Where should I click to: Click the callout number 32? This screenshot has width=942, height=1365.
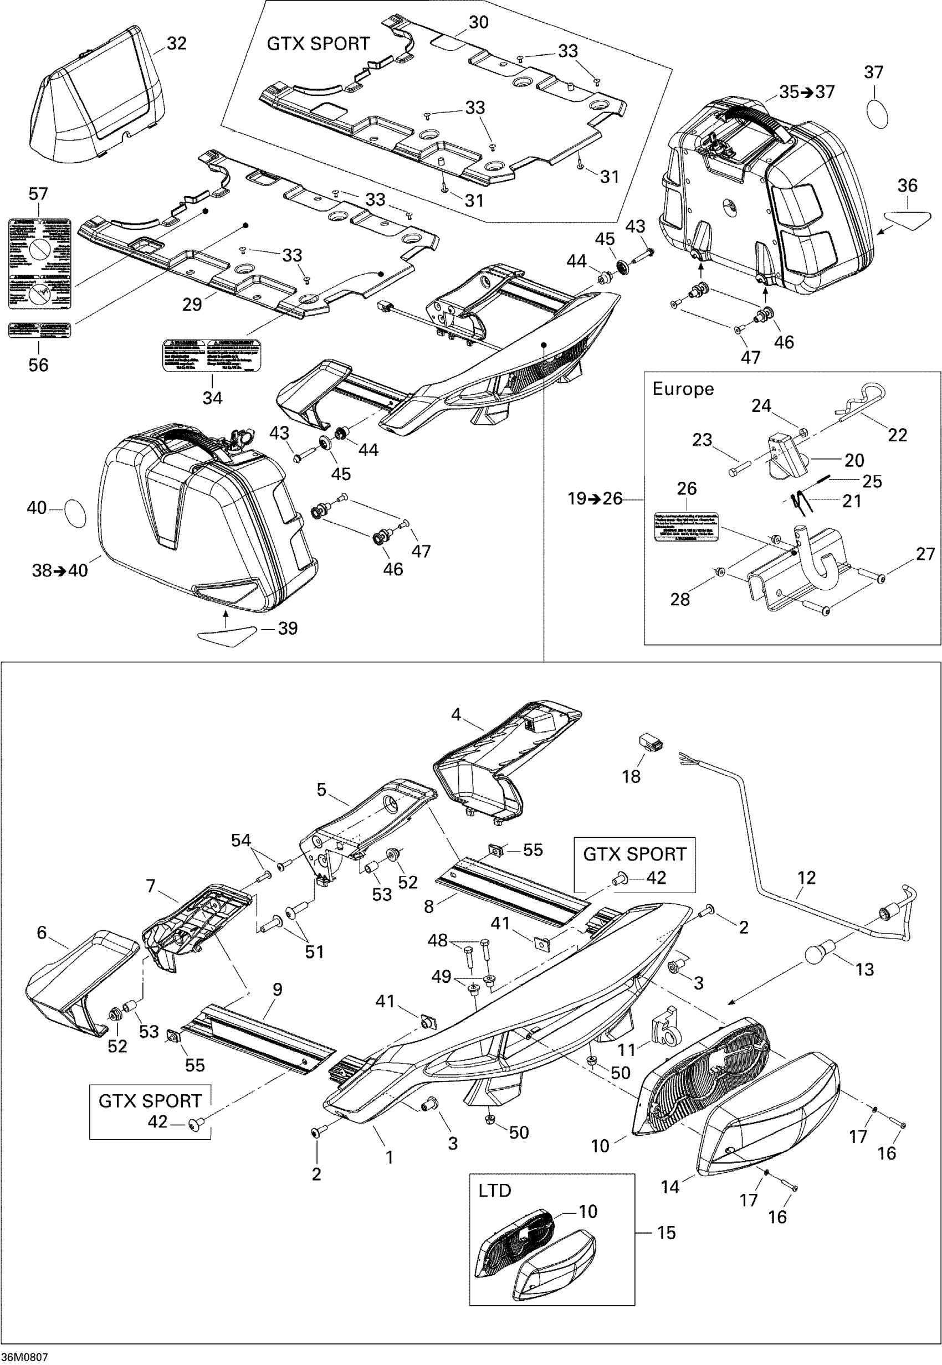pos(176,44)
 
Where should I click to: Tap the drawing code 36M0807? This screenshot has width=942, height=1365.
pos(25,1356)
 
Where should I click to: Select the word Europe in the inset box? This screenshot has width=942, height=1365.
pos(683,389)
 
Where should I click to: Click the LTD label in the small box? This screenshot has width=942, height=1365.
pos(495,1191)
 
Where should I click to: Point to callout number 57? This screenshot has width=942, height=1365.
pos(38,194)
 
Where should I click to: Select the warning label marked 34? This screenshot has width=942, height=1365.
pos(212,355)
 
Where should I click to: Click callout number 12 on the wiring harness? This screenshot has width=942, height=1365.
pos(806,878)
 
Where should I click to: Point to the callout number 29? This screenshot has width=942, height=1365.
pos(192,305)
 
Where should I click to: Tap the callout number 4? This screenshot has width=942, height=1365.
pos(455,714)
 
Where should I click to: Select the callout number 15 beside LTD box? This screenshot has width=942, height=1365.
pos(667,1233)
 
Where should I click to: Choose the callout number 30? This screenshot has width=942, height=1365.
pos(478,22)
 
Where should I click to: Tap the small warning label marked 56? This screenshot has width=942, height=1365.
pos(39,329)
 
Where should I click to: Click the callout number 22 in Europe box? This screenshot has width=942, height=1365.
pos(897,435)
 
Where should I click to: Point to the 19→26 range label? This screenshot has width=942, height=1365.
pos(595,499)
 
